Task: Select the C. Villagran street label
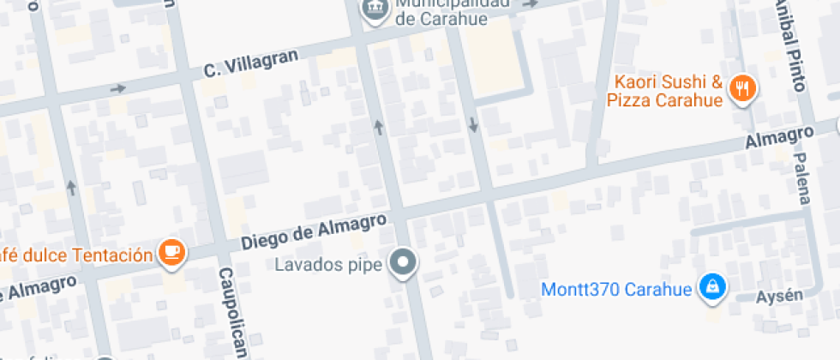click(x=250, y=63)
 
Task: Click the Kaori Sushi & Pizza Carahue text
click(x=665, y=92)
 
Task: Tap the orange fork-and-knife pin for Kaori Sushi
click(x=741, y=88)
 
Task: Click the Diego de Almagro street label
click(x=313, y=231)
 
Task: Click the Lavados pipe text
click(x=327, y=264)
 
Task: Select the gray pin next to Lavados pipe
click(x=402, y=262)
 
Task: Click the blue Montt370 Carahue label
click(x=615, y=288)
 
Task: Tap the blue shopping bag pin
click(x=711, y=287)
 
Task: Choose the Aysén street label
click(x=779, y=297)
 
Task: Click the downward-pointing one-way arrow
click(x=473, y=125)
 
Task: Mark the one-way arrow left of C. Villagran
click(x=117, y=88)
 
